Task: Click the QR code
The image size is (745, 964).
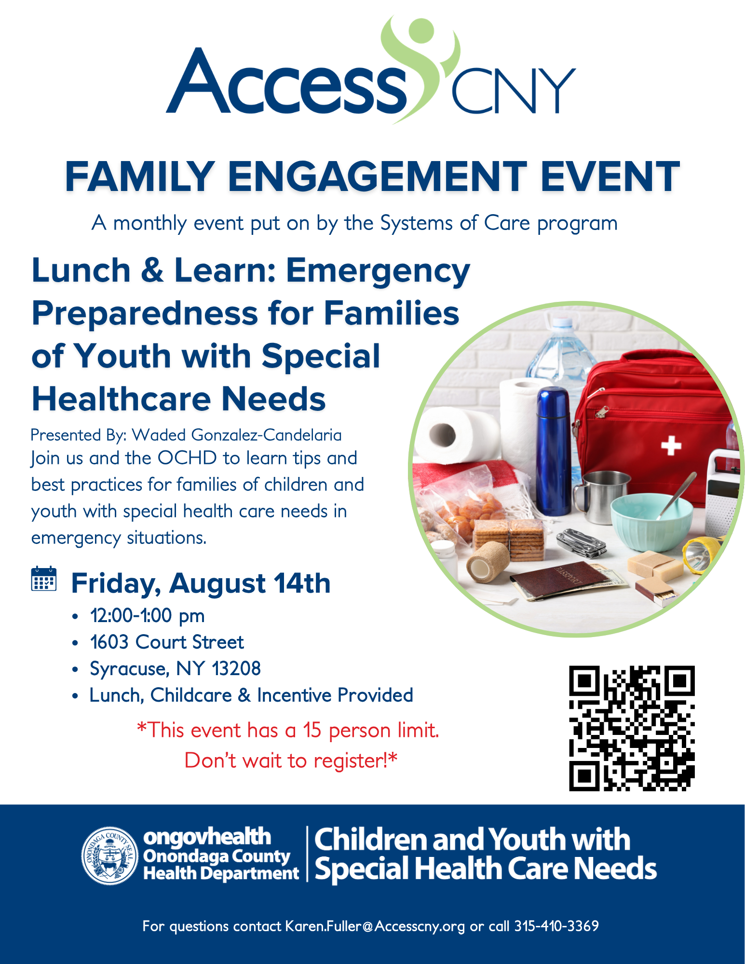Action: point(632,728)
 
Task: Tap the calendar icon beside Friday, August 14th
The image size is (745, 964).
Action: point(43,579)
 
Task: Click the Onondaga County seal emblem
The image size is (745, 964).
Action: point(110,856)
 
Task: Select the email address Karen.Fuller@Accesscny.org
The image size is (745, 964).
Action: point(375,926)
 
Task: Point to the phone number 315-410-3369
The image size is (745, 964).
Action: point(556,926)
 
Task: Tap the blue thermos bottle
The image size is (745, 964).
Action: point(554,451)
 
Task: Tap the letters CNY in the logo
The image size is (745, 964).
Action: point(514,90)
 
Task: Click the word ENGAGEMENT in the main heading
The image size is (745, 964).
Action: point(378,177)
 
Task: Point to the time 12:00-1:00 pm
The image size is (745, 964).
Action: point(148,616)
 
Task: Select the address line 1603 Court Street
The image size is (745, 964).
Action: point(167,642)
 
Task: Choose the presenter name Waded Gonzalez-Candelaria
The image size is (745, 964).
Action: point(237,435)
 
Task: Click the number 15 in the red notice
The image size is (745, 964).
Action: point(312,730)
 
